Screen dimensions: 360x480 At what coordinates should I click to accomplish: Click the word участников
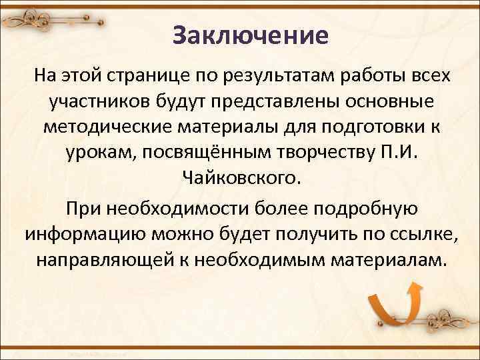[97, 101]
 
